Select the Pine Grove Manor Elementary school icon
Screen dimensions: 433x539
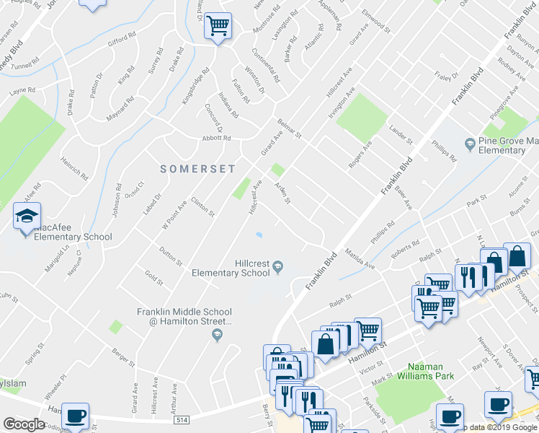click(x=469, y=144)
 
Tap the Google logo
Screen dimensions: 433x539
click(x=24, y=424)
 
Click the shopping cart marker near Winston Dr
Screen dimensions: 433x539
click(x=218, y=27)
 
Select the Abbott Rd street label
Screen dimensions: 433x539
click(x=216, y=138)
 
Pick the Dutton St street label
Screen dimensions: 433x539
click(x=171, y=255)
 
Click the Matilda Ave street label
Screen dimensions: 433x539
click(x=360, y=260)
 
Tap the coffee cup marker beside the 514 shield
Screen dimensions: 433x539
click(x=75, y=416)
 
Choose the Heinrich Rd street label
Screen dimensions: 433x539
click(x=74, y=169)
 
